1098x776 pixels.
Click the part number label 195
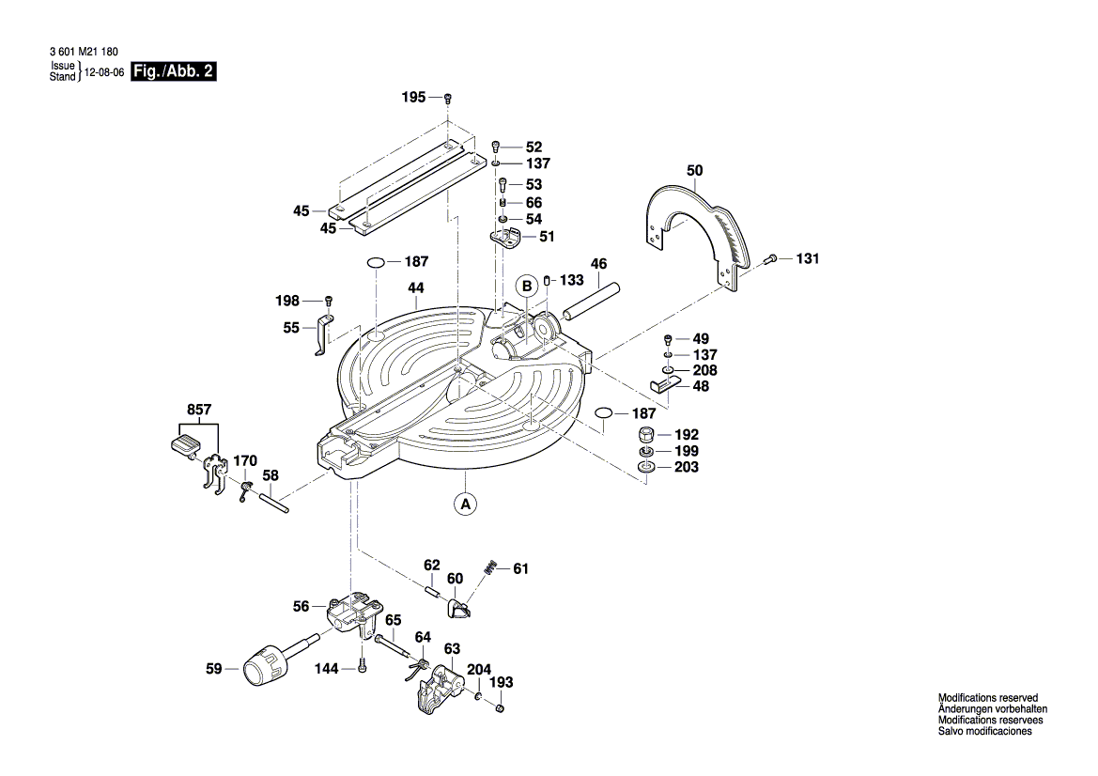[x=413, y=98]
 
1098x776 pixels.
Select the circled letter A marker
[x=464, y=504]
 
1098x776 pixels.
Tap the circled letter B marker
[x=527, y=285]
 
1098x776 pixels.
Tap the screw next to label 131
[x=771, y=258]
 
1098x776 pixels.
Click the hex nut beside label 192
[x=646, y=435]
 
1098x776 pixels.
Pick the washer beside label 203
[x=645, y=468]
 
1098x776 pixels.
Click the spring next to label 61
[x=490, y=567]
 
